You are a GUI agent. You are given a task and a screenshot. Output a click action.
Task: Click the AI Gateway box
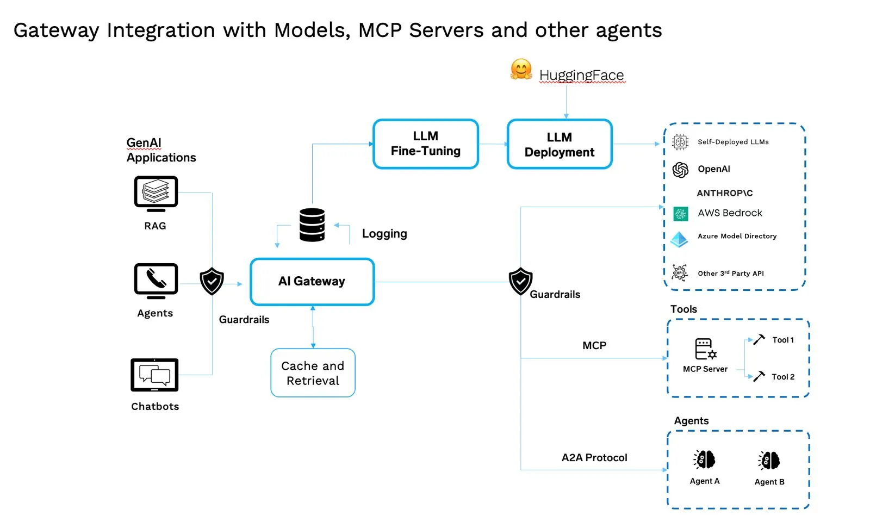(312, 282)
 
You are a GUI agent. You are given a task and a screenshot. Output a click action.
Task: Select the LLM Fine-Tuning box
(426, 144)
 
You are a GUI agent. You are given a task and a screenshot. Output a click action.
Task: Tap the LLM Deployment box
(560, 145)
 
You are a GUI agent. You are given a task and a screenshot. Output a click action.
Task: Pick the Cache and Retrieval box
(313, 373)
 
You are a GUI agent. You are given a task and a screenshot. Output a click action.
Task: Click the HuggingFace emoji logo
(521, 70)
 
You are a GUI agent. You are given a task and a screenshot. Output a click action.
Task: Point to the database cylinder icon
(312, 225)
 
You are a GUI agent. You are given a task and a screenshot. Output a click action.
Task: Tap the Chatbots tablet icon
(154, 375)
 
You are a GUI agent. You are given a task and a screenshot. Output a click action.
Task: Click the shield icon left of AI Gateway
(212, 281)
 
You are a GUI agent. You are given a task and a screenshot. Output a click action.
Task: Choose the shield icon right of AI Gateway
(520, 281)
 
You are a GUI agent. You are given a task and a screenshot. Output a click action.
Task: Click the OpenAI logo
(680, 170)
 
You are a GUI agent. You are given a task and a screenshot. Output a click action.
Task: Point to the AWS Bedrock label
(730, 213)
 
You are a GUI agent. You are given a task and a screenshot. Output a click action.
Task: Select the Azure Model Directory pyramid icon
(679, 239)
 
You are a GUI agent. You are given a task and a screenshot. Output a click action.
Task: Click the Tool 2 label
(783, 377)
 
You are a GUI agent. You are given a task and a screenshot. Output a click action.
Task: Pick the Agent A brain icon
(705, 460)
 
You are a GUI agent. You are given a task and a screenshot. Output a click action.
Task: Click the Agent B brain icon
(769, 461)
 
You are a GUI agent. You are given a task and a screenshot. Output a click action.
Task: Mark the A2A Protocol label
(594, 458)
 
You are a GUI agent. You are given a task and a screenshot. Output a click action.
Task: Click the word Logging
(384, 234)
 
